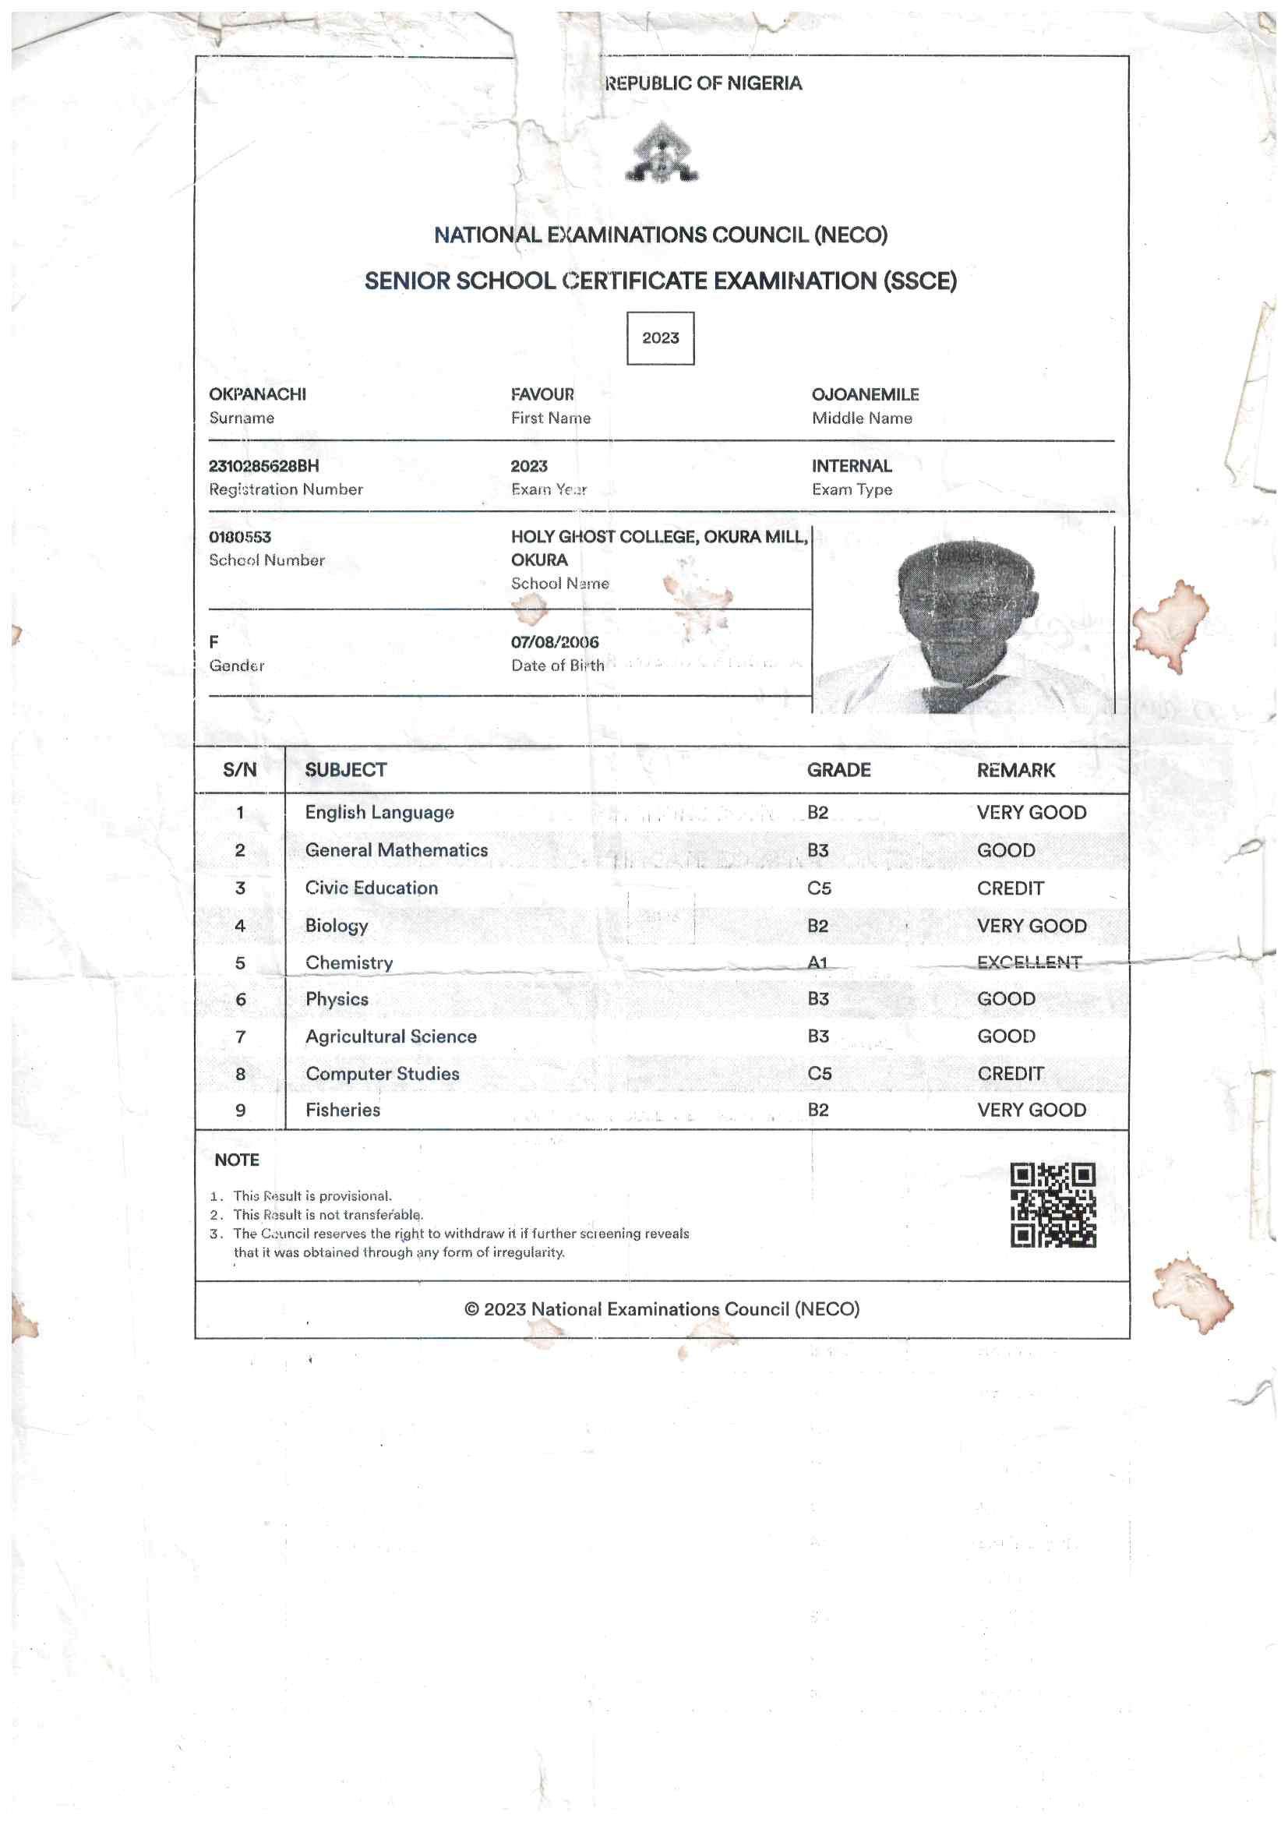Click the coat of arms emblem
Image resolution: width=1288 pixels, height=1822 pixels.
[x=661, y=153]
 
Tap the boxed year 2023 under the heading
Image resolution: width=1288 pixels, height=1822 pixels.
[x=660, y=338]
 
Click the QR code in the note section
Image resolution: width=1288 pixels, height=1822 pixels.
[x=1053, y=1205]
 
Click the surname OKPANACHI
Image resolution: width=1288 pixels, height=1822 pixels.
[x=257, y=394]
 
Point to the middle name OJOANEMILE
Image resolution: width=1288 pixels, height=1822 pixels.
[x=865, y=394]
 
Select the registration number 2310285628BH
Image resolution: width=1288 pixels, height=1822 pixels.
[x=263, y=466]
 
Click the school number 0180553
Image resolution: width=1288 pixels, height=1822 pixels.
[x=240, y=537]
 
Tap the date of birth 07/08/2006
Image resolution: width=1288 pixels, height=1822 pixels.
[x=555, y=642]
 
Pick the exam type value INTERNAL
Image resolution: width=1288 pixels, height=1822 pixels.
[x=852, y=466]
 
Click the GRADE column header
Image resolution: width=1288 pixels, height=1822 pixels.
[x=839, y=770]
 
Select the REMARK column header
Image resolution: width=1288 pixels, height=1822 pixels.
[x=1016, y=770]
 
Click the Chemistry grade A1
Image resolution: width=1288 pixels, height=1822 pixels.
[x=817, y=962]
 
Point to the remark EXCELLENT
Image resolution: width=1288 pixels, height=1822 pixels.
[x=1029, y=962]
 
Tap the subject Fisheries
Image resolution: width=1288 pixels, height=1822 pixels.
[x=343, y=1111]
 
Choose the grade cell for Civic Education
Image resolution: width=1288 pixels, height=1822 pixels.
[x=819, y=888]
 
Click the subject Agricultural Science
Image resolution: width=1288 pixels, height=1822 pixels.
[x=391, y=1036]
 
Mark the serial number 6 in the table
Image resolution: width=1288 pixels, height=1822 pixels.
[x=241, y=1000]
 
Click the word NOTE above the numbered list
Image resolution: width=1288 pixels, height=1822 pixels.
[x=237, y=1160]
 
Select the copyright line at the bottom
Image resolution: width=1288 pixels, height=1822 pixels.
[x=662, y=1309]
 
